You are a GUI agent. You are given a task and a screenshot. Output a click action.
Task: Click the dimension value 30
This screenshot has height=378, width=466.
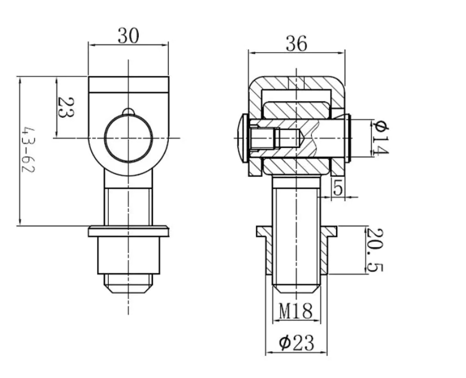(x=128, y=36)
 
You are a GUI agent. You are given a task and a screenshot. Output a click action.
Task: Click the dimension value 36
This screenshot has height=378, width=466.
(x=297, y=44)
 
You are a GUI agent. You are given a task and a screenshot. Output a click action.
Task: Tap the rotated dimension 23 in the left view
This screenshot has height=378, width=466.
(x=65, y=107)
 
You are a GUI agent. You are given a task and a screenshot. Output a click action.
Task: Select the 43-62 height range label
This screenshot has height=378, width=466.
(x=29, y=150)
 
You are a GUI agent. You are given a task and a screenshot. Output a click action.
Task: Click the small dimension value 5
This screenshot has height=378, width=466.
(x=338, y=188)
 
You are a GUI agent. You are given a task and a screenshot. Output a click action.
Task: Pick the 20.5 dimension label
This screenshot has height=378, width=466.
(x=375, y=250)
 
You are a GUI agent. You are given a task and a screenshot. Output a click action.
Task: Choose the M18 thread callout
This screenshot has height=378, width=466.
(x=296, y=311)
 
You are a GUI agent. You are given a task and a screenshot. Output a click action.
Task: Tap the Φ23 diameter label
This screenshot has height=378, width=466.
(x=297, y=343)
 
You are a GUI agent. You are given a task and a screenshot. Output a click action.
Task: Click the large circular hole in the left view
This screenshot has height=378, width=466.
(x=128, y=138)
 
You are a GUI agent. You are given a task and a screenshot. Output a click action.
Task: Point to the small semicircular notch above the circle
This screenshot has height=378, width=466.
(x=128, y=111)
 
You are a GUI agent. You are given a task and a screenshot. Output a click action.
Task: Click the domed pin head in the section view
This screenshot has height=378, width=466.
(x=244, y=138)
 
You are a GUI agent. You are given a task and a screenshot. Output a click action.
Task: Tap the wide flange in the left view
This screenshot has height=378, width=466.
(x=129, y=232)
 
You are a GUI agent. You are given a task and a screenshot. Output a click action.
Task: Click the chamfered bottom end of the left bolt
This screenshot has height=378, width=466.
(x=128, y=284)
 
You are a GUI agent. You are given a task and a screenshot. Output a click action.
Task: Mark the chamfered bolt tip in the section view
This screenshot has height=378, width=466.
(x=297, y=288)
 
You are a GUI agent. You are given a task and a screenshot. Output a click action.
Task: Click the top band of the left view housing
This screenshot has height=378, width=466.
(x=128, y=84)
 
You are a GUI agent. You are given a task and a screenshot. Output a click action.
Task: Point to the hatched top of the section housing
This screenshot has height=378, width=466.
(x=297, y=83)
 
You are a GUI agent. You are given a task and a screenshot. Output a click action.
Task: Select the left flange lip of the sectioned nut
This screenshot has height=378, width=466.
(x=264, y=232)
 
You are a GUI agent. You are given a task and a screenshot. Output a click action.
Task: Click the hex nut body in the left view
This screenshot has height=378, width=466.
(x=129, y=255)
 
